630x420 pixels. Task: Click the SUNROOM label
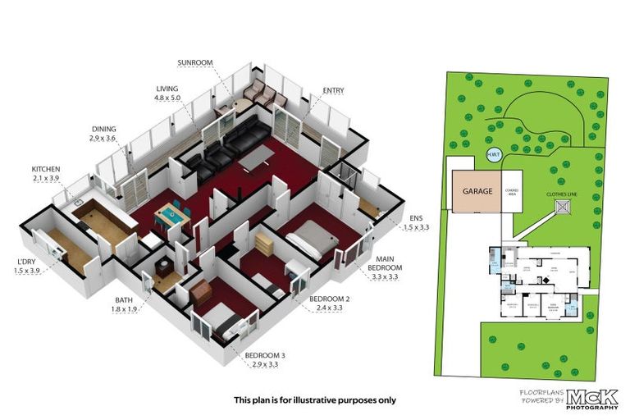(x=196, y=62)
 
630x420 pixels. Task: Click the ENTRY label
(x=334, y=90)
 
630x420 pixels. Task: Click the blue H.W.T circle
(x=494, y=156)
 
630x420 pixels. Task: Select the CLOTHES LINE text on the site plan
(x=564, y=195)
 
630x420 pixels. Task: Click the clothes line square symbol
(x=564, y=211)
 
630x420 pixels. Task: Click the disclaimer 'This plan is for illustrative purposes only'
(x=315, y=400)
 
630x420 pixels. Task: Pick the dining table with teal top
(x=170, y=216)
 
